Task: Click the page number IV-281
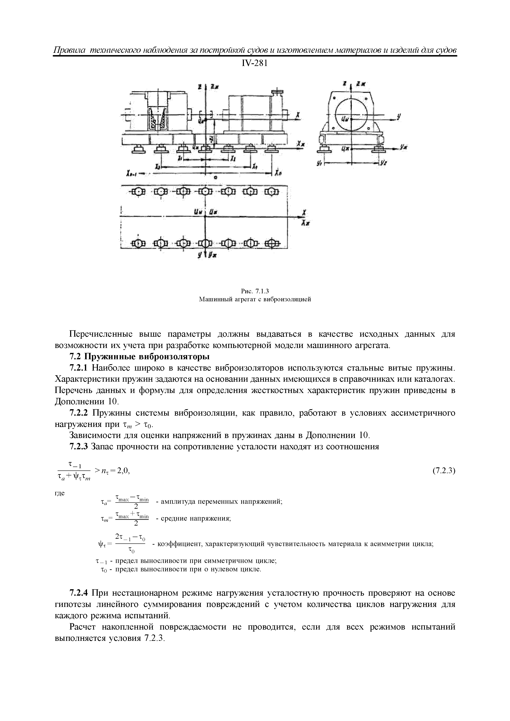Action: coord(255,64)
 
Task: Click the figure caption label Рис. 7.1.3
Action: coord(255,291)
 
